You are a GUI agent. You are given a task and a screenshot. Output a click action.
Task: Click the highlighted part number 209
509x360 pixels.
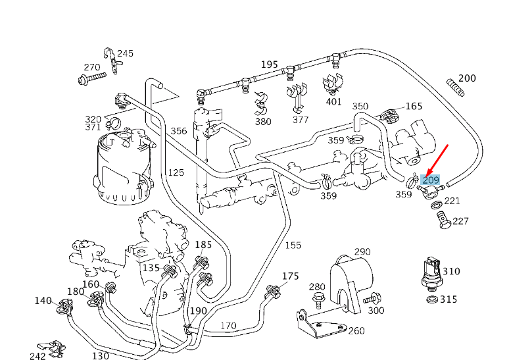pyautogui.click(x=431, y=180)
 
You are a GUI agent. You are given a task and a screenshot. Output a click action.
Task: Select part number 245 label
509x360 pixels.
pyautogui.click(x=125, y=53)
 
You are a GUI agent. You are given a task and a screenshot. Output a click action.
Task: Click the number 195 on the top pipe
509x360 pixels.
pyautogui.click(x=270, y=64)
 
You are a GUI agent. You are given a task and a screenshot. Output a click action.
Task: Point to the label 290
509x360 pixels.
pyautogui.click(x=362, y=251)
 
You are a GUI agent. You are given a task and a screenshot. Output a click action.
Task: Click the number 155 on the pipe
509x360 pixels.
pyautogui.click(x=293, y=245)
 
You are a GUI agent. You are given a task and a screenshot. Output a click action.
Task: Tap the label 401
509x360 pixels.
pyautogui.click(x=334, y=101)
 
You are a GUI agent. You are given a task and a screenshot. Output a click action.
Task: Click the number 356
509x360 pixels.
pyautogui.click(x=179, y=131)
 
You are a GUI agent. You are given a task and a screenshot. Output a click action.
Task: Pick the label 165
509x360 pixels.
pyautogui.click(x=414, y=106)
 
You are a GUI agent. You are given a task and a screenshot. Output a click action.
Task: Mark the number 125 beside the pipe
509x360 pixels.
pyautogui.click(x=176, y=172)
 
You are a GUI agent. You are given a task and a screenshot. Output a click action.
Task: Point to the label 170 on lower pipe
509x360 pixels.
pyautogui.click(x=228, y=325)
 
